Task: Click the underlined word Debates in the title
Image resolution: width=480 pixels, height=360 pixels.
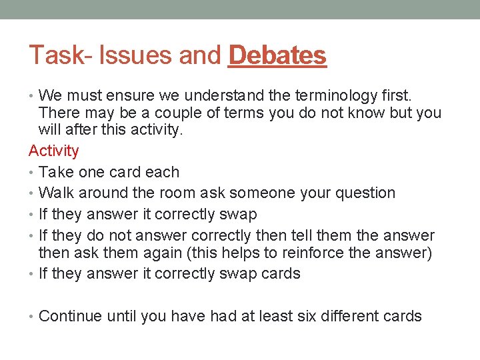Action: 277,56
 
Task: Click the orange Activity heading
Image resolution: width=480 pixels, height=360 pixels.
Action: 53,151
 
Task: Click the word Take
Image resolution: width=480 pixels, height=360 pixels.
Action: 55,172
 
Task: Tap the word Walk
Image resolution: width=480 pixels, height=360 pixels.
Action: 56,193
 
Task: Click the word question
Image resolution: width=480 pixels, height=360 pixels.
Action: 365,193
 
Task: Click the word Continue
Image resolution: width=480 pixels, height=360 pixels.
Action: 69,316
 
